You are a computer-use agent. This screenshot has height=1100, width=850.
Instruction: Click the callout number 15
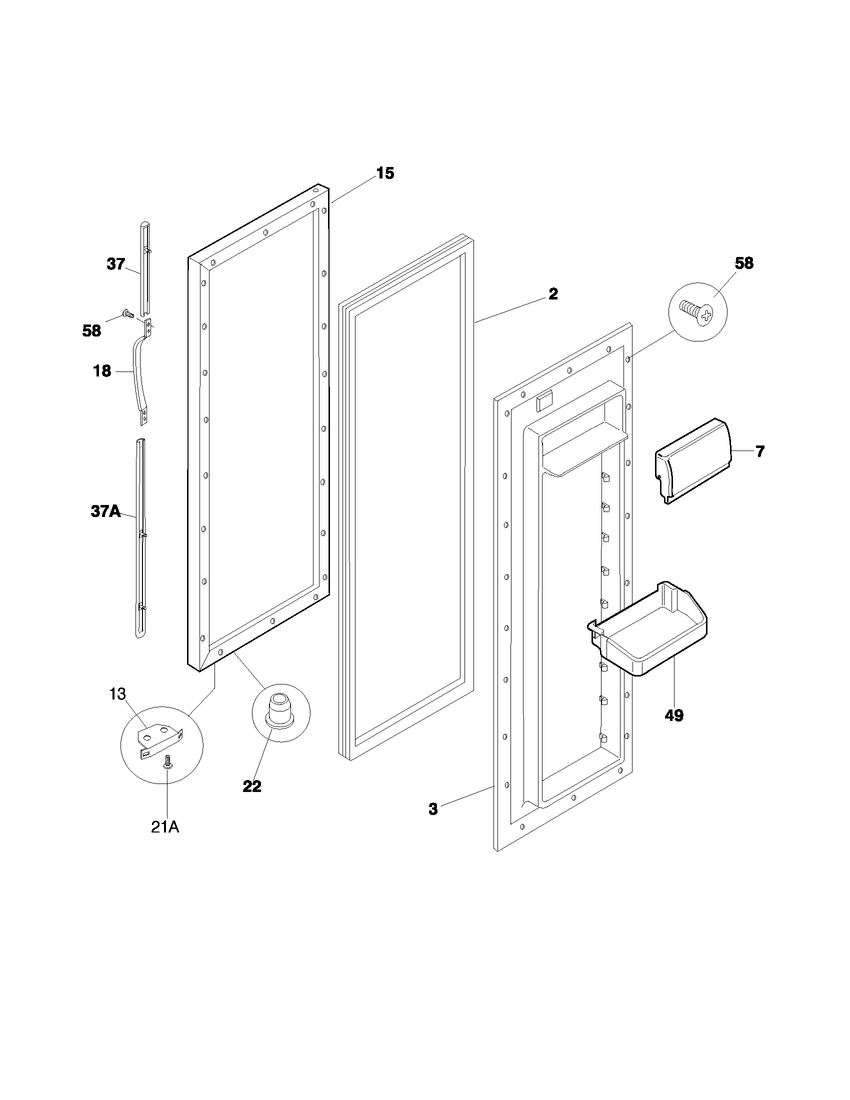[x=385, y=173]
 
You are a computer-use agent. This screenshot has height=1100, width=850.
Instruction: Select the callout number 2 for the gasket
[x=553, y=294]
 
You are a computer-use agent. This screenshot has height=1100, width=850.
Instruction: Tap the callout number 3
[x=433, y=809]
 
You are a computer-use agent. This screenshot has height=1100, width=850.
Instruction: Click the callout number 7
[x=760, y=451]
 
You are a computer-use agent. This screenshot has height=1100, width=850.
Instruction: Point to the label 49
[x=674, y=715]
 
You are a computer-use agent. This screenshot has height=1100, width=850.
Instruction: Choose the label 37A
[x=105, y=511]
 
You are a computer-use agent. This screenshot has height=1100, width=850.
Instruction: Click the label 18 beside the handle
[x=102, y=371]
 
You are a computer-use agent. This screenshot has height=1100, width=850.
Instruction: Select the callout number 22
[x=252, y=786]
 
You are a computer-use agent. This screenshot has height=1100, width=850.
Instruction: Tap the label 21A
[x=165, y=827]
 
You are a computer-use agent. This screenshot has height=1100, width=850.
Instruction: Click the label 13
[x=117, y=694]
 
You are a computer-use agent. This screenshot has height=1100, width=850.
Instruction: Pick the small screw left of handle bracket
[x=128, y=315]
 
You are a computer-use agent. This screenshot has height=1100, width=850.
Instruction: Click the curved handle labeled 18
[x=137, y=372]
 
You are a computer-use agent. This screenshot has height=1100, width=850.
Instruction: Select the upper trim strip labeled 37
[x=145, y=267]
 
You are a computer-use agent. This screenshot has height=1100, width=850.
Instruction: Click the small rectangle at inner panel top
[x=544, y=400]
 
